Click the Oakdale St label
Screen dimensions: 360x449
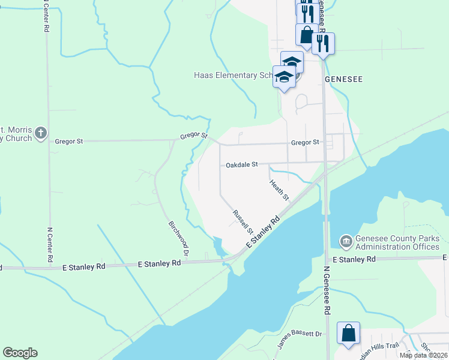click(x=241, y=164)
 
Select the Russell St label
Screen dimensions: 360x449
click(x=243, y=221)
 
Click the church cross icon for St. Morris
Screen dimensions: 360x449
click(x=41, y=133)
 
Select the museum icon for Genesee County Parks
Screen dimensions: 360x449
click(x=346, y=242)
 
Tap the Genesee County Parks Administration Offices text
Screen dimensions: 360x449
click(x=397, y=242)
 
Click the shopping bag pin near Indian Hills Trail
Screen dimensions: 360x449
click(x=348, y=333)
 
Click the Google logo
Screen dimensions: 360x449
click(x=20, y=353)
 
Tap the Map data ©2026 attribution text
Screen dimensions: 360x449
click(x=423, y=355)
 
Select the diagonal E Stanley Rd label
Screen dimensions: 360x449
click(x=264, y=233)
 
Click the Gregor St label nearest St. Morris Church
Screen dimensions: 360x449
click(x=68, y=142)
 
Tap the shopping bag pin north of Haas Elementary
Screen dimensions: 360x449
click(x=306, y=35)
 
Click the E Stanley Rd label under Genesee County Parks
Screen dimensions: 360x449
click(x=354, y=259)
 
